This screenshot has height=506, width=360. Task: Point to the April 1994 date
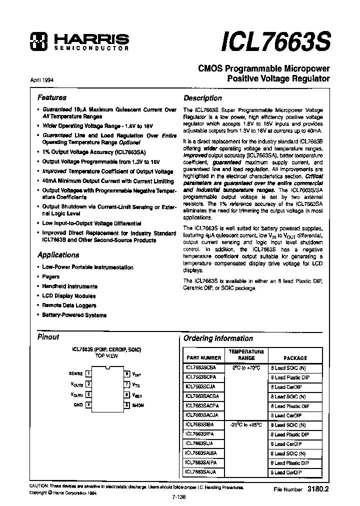pos(42,79)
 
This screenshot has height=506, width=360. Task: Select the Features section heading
pos(52,97)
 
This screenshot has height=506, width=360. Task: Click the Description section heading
pos(202,98)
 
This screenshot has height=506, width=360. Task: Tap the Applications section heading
pos(58,254)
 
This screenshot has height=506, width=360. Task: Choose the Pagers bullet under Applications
pos(51,276)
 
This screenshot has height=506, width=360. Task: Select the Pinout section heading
pos(48,337)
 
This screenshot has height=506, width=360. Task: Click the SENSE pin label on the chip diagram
pos(76,373)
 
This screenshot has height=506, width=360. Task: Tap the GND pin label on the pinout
pos(78,404)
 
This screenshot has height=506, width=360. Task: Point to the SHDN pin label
pos(138,405)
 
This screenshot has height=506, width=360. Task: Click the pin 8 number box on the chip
pos(127,373)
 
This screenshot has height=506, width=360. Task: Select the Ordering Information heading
pos(218,338)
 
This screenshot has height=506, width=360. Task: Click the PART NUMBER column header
pos(203,358)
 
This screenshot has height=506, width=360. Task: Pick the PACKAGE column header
pos(295,358)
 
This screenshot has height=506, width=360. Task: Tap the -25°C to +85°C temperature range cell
pos(246,425)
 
